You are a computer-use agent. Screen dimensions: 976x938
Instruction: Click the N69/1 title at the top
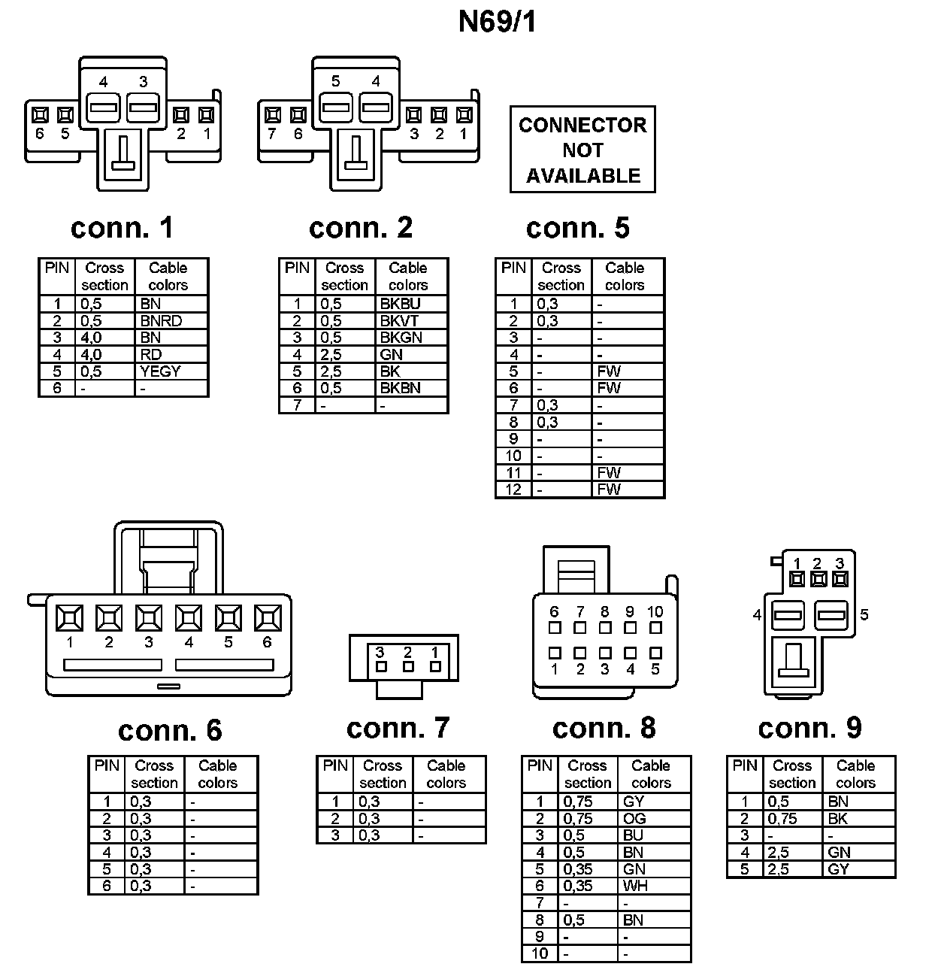pos(498,23)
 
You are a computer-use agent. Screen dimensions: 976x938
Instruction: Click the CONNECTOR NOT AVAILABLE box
pos(582,150)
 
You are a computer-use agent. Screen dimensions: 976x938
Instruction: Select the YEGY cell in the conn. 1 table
pos(160,371)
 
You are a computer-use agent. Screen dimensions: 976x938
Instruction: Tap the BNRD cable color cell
pos(161,321)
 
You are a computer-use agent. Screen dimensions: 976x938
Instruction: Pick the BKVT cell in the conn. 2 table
pos(399,321)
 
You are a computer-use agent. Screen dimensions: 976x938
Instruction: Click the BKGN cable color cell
pos(401,338)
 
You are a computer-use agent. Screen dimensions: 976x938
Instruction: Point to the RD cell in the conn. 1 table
pos(150,354)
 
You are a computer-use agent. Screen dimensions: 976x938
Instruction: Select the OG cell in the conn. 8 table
pos(634,819)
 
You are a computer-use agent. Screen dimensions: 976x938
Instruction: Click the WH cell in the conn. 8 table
pos(635,886)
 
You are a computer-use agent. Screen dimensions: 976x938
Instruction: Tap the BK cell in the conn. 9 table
pos(837,819)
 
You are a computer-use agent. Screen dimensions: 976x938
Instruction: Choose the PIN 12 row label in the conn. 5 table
pos(513,490)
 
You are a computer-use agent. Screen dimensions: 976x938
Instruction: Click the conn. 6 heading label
pos(170,730)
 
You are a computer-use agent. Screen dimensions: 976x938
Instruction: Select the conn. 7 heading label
pos(398,727)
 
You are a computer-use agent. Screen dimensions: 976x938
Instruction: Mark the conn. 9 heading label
pos(809,727)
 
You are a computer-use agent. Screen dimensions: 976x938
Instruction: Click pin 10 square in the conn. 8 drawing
pos(655,628)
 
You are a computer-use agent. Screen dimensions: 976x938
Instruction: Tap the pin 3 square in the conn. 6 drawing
pos(149,618)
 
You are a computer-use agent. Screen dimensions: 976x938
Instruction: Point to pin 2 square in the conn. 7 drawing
pos(408,667)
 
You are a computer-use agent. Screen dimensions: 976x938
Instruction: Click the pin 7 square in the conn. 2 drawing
pos(274,115)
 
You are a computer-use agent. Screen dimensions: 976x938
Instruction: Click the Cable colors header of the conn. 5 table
pos(625,277)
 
